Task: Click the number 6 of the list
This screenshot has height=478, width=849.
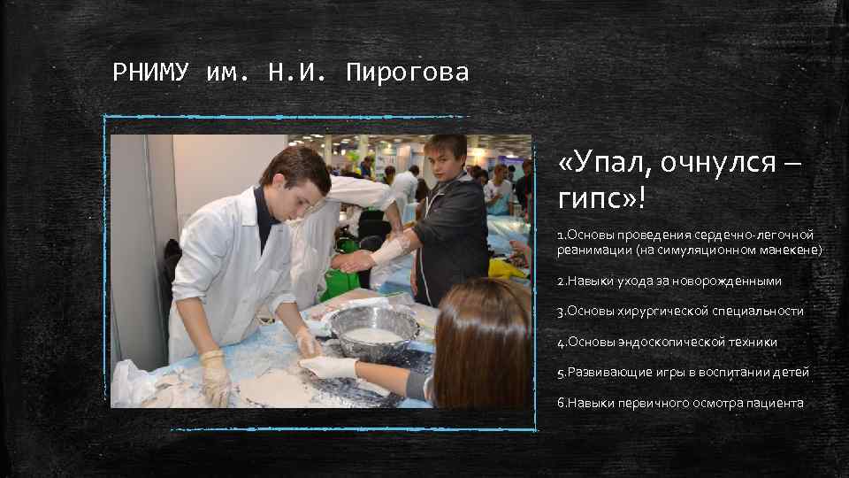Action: pyautogui.click(x=561, y=403)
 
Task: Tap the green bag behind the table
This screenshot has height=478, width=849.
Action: pyautogui.click(x=340, y=281)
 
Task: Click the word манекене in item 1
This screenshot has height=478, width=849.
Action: pyautogui.click(x=792, y=251)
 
